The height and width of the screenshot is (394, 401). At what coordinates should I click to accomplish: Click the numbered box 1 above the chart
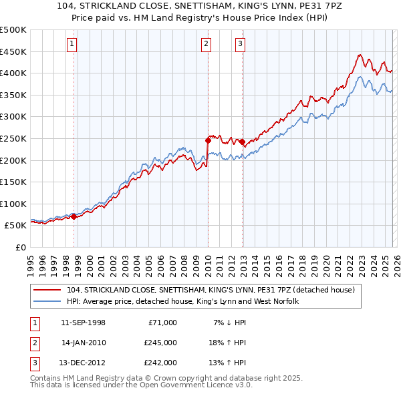click(72, 45)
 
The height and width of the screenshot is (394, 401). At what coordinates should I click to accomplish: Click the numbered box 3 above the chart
click(240, 45)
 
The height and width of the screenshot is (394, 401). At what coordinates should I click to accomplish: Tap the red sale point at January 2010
click(208, 140)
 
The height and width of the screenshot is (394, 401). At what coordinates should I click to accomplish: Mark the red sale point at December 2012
click(242, 142)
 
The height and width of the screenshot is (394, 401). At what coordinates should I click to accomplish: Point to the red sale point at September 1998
click(74, 216)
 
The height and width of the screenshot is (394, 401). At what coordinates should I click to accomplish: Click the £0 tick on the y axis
click(19, 247)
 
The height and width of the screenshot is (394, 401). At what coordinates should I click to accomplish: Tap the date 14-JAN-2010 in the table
click(84, 343)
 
